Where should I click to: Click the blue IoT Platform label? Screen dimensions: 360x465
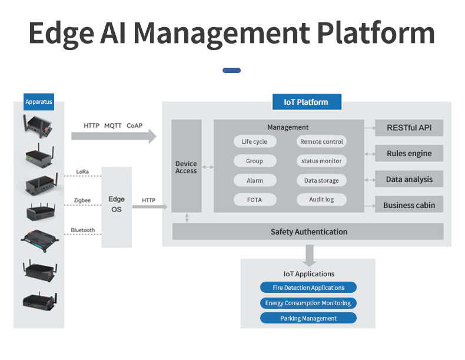pos(306,102)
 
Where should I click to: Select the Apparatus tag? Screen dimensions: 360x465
pos(39,102)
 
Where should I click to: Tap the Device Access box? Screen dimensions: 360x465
pos(186,167)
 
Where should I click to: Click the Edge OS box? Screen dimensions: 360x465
pos(117,204)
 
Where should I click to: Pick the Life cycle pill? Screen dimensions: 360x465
pos(254,141)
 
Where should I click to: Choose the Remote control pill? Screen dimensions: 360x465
pos(321,141)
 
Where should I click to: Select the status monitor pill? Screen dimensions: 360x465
pos(321,161)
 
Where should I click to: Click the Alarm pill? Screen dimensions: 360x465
pos(254,180)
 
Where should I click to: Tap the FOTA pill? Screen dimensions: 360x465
pos(254,200)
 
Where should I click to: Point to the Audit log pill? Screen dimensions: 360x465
pos(321,200)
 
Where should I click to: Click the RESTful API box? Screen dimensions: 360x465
pos(409,127)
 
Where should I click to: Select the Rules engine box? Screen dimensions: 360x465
pos(409,153)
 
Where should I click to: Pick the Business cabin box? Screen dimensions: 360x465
pos(409,205)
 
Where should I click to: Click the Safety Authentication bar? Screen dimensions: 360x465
pos(308,232)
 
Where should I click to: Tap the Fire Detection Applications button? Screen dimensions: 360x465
pos(308,288)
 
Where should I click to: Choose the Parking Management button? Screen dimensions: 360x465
pos(308,318)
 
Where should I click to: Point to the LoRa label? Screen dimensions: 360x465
pos(83,172)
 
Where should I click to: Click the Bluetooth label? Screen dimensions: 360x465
pos(82,230)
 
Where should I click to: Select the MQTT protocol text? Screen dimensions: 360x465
pos(113,125)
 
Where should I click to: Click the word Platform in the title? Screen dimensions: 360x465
pos(376,33)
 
